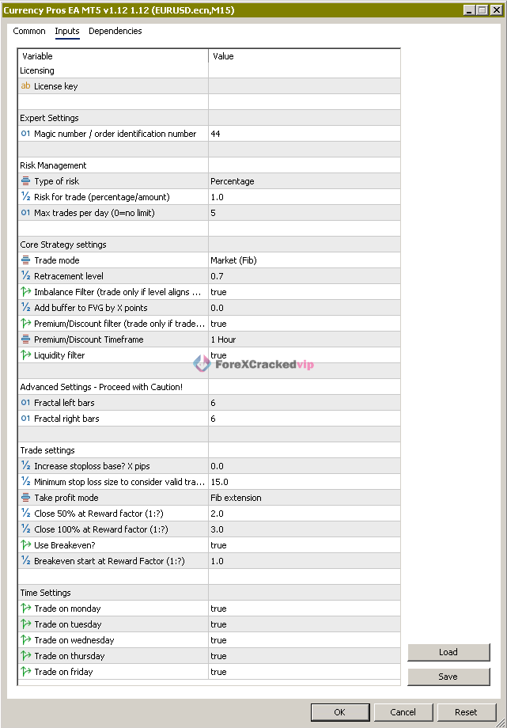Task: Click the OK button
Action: tap(339, 711)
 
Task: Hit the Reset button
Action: tap(466, 711)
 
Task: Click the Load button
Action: tap(448, 652)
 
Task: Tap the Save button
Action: tap(448, 677)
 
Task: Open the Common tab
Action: tap(29, 32)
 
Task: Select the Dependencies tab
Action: tap(115, 32)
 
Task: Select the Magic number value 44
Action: tap(216, 134)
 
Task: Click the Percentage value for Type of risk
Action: tap(233, 181)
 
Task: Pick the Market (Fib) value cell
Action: tap(233, 260)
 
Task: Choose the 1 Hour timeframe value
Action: tap(223, 339)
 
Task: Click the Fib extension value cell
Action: tap(236, 498)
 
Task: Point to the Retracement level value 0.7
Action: tap(217, 276)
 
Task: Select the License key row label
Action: tap(55, 86)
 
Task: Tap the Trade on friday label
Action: tap(63, 672)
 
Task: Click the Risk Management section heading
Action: tap(53, 165)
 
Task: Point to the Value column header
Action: tap(224, 56)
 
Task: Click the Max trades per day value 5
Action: tap(214, 213)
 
